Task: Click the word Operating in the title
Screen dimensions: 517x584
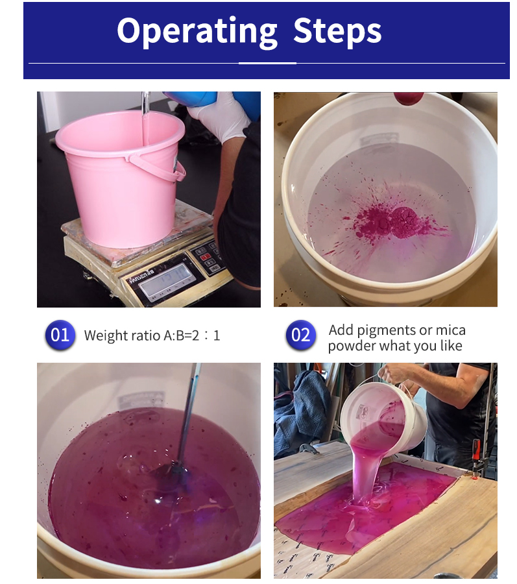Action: [x=197, y=31]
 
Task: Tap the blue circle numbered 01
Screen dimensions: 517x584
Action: [x=60, y=335]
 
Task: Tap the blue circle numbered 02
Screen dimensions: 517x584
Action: [x=301, y=335]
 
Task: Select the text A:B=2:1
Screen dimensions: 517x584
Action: [x=192, y=335]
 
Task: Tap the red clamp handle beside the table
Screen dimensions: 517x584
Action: [x=476, y=450]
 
